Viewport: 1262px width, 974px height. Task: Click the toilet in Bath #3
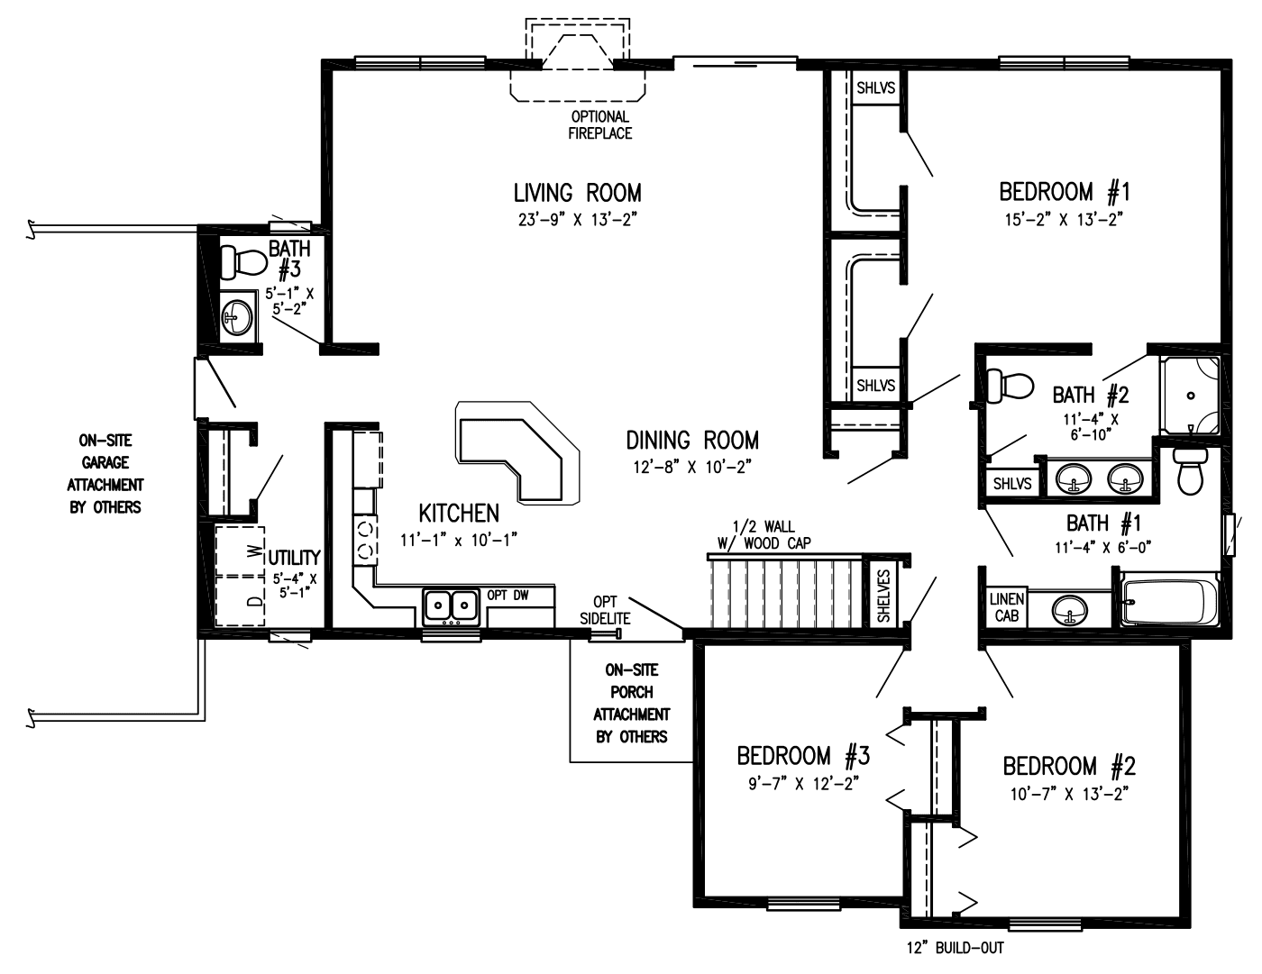pos(242,262)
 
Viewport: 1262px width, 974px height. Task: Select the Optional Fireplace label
pos(599,125)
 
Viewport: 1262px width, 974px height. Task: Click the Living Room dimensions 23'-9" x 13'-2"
pos(577,219)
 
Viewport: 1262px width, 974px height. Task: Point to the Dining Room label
pos(692,440)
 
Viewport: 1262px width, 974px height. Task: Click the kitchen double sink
pos(451,605)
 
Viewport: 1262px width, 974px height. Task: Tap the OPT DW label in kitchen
pos(508,595)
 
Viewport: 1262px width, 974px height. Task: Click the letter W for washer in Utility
pos(256,549)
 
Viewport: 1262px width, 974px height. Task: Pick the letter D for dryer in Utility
pos(256,601)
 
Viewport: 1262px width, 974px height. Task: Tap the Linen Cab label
pos(1006,607)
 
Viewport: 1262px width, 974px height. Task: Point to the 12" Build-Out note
pos(955,948)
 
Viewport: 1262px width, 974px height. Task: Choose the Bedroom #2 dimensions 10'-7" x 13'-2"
pos(1068,793)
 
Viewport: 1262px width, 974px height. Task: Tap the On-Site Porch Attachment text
pos(631,703)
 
